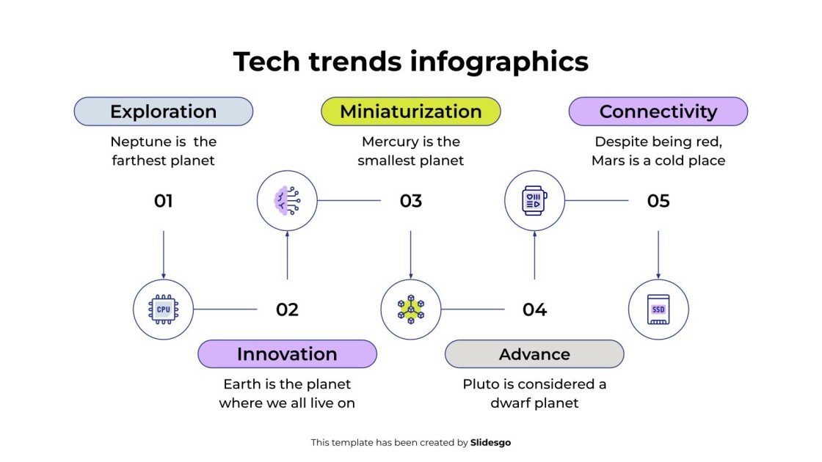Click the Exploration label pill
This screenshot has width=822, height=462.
point(163,111)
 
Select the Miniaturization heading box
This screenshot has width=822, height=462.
point(410,111)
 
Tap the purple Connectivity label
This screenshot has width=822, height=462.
point(658,111)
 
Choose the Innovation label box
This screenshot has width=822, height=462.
point(287,354)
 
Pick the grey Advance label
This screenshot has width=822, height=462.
point(534,354)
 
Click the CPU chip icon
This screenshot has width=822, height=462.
point(163,309)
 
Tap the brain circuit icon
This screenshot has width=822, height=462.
point(287,200)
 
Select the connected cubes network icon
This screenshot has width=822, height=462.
point(411,309)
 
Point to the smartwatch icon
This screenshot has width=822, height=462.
point(534,200)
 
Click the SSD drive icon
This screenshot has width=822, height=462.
point(658,309)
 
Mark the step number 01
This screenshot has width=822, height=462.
point(163,201)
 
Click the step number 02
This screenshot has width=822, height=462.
point(287,310)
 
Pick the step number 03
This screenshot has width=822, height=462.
point(410,201)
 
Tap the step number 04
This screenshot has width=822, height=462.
point(534,310)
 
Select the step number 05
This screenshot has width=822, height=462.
point(658,201)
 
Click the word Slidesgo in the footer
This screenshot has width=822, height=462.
point(490,442)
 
